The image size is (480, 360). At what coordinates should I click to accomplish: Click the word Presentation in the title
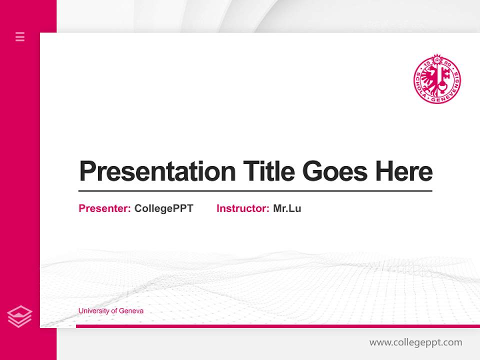click(157, 171)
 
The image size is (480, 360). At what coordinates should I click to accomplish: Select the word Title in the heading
click(268, 171)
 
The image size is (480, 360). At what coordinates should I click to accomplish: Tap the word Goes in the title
click(336, 171)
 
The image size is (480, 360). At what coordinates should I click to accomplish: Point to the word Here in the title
click(403, 171)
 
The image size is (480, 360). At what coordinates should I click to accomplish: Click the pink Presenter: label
click(104, 208)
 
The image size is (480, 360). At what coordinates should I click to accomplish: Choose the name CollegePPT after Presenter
click(163, 208)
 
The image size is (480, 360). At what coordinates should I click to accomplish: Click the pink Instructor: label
click(242, 208)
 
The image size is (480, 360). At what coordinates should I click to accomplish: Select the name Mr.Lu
click(287, 208)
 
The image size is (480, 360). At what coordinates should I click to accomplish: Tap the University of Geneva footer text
click(110, 311)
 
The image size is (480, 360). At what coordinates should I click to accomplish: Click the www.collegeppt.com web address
click(415, 342)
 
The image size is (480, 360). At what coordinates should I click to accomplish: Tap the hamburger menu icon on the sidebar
click(20, 36)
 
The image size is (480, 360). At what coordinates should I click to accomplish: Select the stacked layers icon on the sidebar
click(20, 316)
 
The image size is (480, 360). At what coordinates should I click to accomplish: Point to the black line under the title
click(255, 190)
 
